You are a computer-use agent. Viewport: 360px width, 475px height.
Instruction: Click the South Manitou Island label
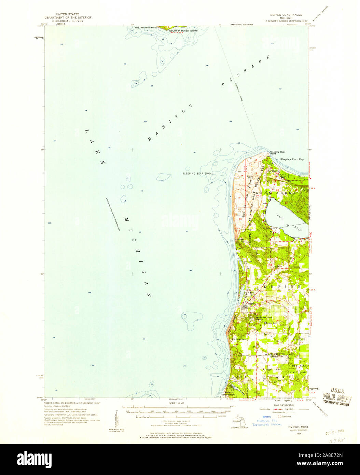[183, 30]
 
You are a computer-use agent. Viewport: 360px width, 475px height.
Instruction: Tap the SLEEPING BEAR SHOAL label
[198, 174]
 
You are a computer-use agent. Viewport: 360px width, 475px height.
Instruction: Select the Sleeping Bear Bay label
[292, 159]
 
